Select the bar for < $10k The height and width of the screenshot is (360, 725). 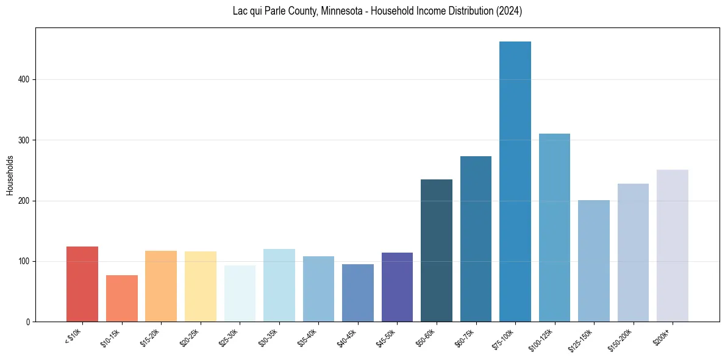click(x=82, y=284)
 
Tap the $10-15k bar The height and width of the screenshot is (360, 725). click(x=121, y=298)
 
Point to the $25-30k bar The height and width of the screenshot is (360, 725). click(x=240, y=293)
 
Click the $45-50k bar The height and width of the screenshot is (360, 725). click(x=397, y=287)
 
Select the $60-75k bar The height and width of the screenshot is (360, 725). click(x=476, y=239)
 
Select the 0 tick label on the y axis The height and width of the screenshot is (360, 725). click(x=28, y=322)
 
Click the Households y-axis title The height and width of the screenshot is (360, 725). click(x=10, y=175)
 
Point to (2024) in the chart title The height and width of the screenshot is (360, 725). click(x=509, y=11)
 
